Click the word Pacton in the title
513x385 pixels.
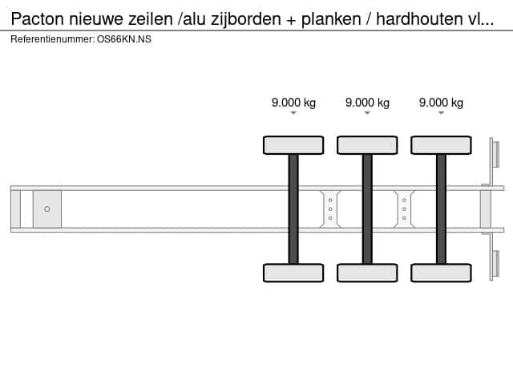[x=38, y=19]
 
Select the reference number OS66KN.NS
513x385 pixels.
[x=124, y=39]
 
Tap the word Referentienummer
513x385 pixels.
[x=52, y=39]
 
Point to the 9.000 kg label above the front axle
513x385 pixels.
[x=293, y=103]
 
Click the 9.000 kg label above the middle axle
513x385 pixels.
[x=367, y=103]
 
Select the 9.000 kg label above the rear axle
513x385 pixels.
[x=441, y=103]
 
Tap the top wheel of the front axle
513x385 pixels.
[x=293, y=145]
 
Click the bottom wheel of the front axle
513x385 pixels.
[x=293, y=273]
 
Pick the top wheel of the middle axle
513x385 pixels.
[x=367, y=145]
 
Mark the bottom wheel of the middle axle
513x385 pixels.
[x=367, y=273]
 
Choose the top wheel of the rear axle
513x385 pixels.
[x=441, y=145]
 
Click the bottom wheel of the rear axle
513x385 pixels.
[x=441, y=273]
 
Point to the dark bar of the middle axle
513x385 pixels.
[x=367, y=209]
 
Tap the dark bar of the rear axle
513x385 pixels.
[x=441, y=209]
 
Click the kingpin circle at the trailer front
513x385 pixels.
[x=47, y=209]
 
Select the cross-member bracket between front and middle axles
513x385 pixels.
[x=330, y=209]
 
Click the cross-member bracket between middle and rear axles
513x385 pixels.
[x=404, y=209]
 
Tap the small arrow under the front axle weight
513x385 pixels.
[x=293, y=113]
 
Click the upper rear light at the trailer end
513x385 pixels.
[x=495, y=154]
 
